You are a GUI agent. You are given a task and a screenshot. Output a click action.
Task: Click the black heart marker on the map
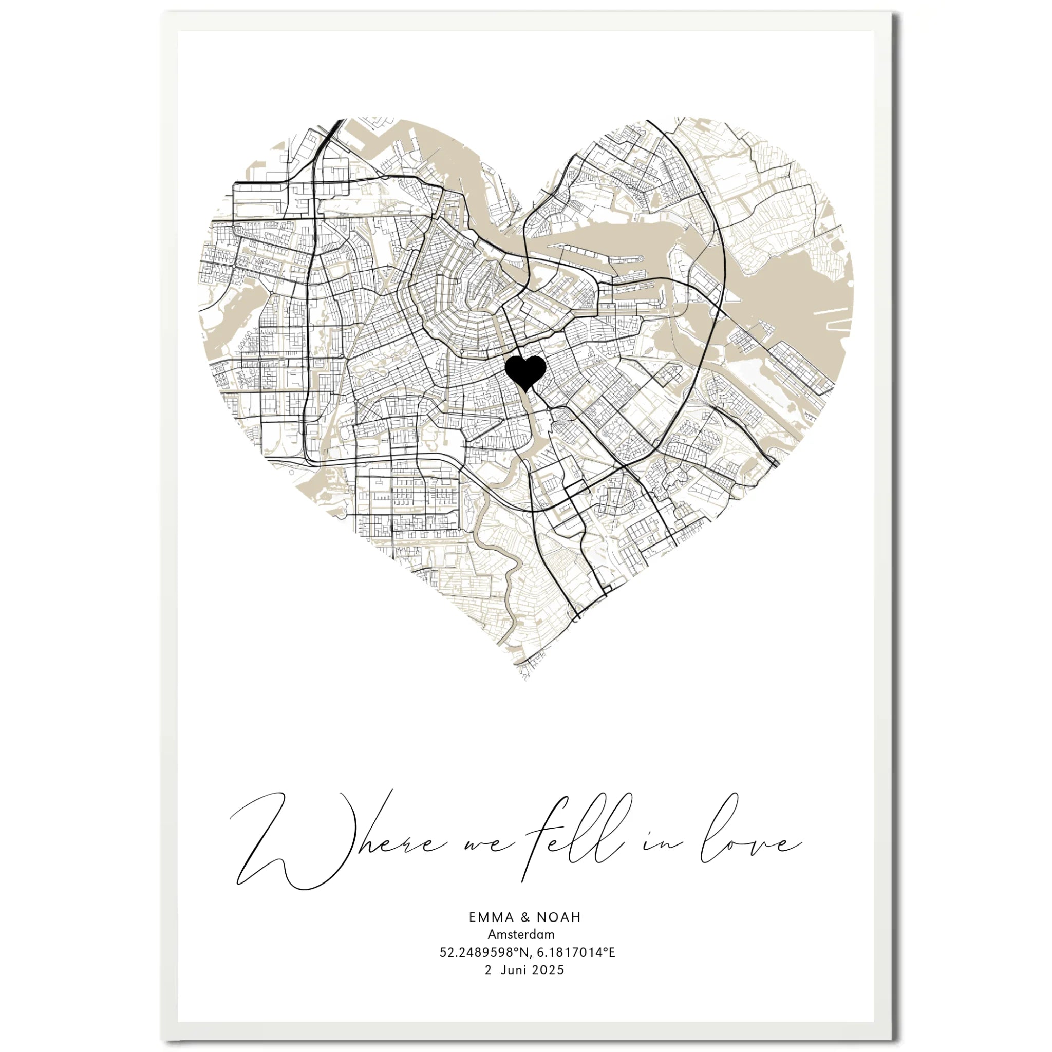[x=525, y=372]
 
